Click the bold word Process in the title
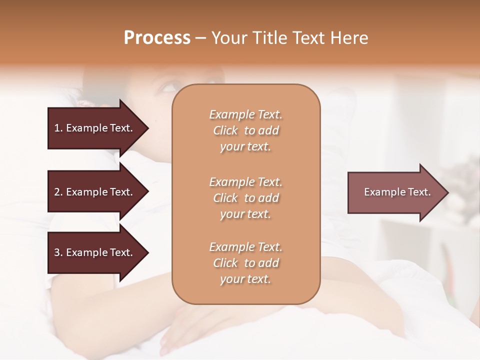157,37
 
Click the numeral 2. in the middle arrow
58,192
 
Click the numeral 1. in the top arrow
58,128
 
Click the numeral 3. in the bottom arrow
58,252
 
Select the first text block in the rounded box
245,130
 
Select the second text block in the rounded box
245,197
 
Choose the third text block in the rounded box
245,263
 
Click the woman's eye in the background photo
168,88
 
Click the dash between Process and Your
201,38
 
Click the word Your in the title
227,37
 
